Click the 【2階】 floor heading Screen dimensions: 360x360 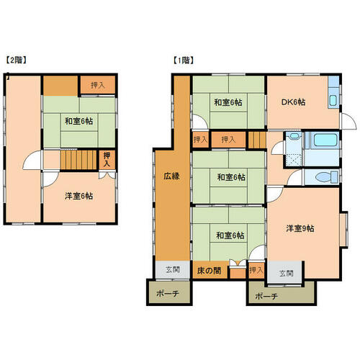point(16,60)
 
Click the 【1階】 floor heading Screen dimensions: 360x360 point(184,60)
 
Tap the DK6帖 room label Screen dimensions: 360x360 point(293,102)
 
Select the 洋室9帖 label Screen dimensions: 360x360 point(300,228)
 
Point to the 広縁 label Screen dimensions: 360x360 point(171,176)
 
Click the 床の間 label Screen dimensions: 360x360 point(209,271)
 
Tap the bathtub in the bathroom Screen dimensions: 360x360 point(325,140)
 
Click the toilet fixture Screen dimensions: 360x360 point(327,177)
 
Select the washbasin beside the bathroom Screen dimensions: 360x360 point(293,136)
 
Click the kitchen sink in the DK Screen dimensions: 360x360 point(333,100)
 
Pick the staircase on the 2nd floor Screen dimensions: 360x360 point(78,159)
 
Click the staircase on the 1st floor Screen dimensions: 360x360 point(257,140)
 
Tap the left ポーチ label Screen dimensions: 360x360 point(168,293)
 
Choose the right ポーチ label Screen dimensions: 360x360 point(266,296)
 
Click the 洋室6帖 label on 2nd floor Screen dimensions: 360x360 point(78,196)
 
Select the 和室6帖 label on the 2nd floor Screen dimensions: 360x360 point(78,121)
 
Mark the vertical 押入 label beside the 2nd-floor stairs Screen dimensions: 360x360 point(107,159)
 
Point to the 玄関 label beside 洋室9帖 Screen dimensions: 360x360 point(286,273)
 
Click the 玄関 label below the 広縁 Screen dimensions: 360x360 point(173,269)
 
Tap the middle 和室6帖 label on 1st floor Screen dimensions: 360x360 point(231,177)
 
